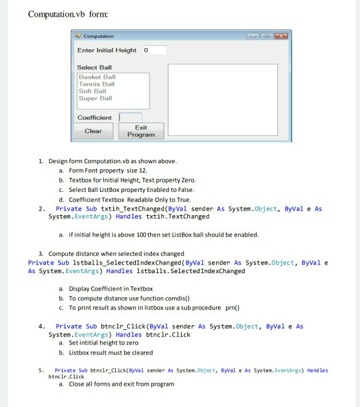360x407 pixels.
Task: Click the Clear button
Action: coord(93,131)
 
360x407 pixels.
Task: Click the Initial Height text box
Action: coord(153,50)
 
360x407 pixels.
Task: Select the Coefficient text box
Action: coord(130,117)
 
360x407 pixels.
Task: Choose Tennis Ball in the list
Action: coord(97,85)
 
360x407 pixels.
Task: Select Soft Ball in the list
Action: coord(93,91)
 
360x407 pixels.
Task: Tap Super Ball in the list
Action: coord(96,98)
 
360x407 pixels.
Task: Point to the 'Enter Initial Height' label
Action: coord(107,51)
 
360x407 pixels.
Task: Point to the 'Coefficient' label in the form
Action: coord(95,117)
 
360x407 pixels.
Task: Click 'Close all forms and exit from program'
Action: coord(120,384)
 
